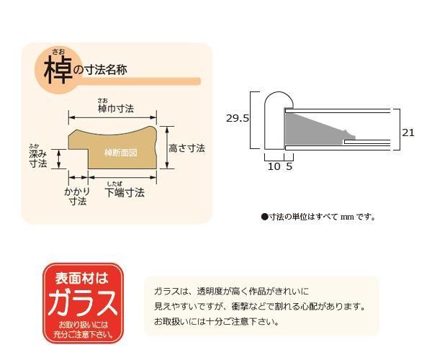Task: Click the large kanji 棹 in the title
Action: pos(56,71)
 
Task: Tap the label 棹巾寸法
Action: pos(115,109)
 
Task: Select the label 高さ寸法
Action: pos(186,148)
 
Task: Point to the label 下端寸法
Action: pos(125,193)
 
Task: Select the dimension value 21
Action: pos(408,132)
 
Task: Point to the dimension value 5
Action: pos(289,166)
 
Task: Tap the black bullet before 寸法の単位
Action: pos(264,216)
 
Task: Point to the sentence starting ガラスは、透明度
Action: pos(230,292)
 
